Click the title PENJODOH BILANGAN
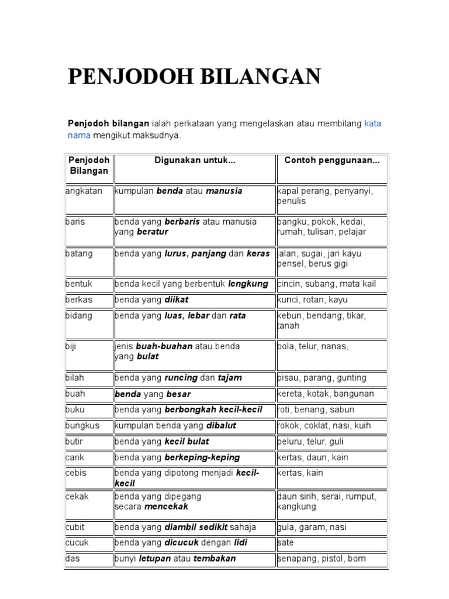point(194,77)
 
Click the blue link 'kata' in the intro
point(372,124)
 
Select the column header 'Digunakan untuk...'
point(195,160)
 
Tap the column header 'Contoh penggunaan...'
point(331,160)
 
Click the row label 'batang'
point(79,254)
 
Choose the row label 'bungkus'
point(82,426)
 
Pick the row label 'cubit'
point(75,527)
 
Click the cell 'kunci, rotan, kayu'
point(312,300)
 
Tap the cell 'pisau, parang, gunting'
point(322,378)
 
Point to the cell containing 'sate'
point(285,543)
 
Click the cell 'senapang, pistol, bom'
point(321,559)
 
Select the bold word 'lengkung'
point(248,284)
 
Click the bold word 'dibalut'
point(221,426)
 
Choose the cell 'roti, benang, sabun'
point(316,410)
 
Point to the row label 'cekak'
point(77,496)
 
